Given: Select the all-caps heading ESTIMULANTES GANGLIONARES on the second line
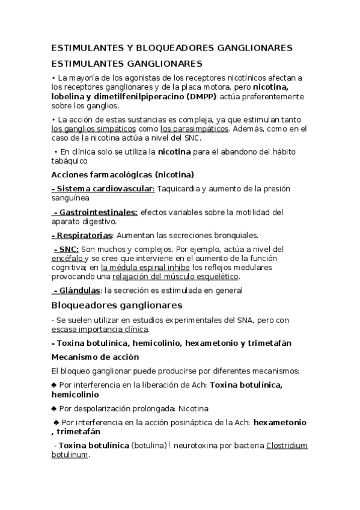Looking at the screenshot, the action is (x=127, y=63).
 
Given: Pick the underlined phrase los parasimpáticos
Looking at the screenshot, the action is (x=194, y=129).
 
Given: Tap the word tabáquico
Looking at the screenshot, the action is (x=70, y=161).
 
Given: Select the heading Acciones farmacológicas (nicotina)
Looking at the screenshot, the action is (x=123, y=175).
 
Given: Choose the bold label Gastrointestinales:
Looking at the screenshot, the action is (x=97, y=212).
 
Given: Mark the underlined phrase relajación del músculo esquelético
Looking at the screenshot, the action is (x=175, y=277).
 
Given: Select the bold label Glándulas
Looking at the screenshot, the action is (x=78, y=290).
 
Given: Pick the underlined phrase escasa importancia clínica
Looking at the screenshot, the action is (x=100, y=330).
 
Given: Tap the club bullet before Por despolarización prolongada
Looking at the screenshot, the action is (x=55, y=408).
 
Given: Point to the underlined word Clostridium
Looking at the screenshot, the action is (x=287, y=446).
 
